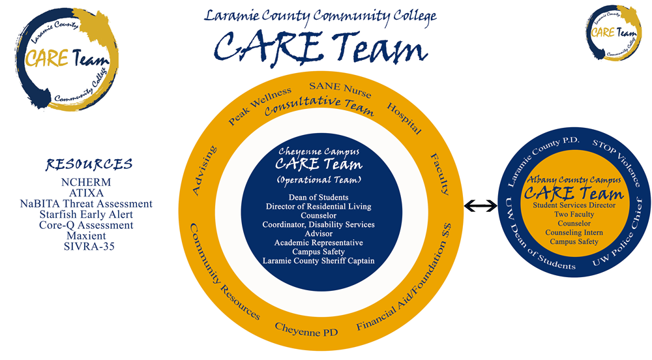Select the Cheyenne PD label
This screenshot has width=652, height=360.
(x=306, y=332)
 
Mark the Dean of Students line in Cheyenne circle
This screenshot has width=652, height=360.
(x=318, y=197)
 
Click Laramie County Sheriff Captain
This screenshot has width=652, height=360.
(x=318, y=261)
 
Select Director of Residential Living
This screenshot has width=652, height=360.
(x=318, y=207)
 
